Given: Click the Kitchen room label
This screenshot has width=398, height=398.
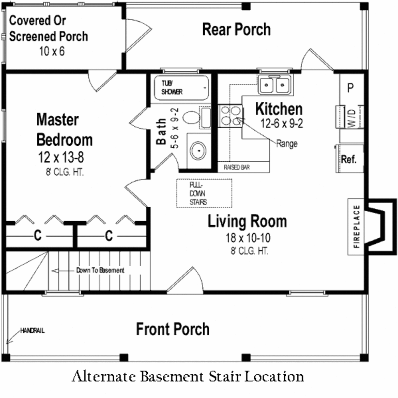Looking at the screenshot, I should (x=279, y=109).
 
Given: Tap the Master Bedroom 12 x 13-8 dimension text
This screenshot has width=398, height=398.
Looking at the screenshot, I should (x=61, y=157).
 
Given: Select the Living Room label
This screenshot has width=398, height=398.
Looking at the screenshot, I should (x=247, y=221).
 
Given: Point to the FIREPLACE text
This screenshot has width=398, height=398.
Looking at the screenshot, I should (x=356, y=227).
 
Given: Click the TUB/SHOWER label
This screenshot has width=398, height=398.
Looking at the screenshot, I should (x=172, y=87).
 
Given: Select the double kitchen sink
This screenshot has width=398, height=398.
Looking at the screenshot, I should (x=275, y=85).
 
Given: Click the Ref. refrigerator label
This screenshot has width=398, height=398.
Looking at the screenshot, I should (x=349, y=159).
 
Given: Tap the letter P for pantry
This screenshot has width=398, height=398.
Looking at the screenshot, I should (x=350, y=88).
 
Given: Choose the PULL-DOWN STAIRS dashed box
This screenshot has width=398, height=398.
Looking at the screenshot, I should (x=204, y=193).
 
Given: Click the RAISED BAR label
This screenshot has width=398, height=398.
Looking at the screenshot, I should (x=237, y=168).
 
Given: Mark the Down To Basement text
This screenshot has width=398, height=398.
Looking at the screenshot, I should (x=100, y=270).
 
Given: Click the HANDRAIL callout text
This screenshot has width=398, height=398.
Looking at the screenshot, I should (x=33, y=331).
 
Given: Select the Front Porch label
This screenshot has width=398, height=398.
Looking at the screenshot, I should (x=173, y=329).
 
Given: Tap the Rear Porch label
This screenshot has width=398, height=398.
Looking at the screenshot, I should (x=236, y=30).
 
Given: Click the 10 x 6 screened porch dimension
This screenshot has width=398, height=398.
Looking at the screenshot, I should (x=52, y=51).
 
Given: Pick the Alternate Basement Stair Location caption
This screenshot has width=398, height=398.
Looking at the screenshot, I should (x=188, y=377).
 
